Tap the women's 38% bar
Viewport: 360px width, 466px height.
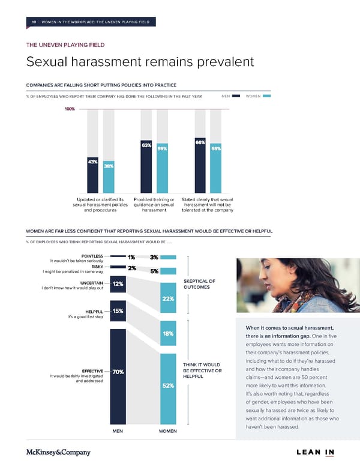(x=109, y=178)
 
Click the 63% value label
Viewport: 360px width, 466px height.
(x=146, y=145)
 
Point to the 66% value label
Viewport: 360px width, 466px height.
(x=200, y=142)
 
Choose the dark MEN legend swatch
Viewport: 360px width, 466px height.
(x=237, y=96)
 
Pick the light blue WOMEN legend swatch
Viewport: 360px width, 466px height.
(x=267, y=96)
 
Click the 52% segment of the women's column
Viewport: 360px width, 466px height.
(x=169, y=386)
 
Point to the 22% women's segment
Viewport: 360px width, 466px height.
(x=169, y=299)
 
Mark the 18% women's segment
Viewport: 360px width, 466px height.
(x=169, y=333)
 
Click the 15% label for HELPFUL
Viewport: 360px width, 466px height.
(x=118, y=310)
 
